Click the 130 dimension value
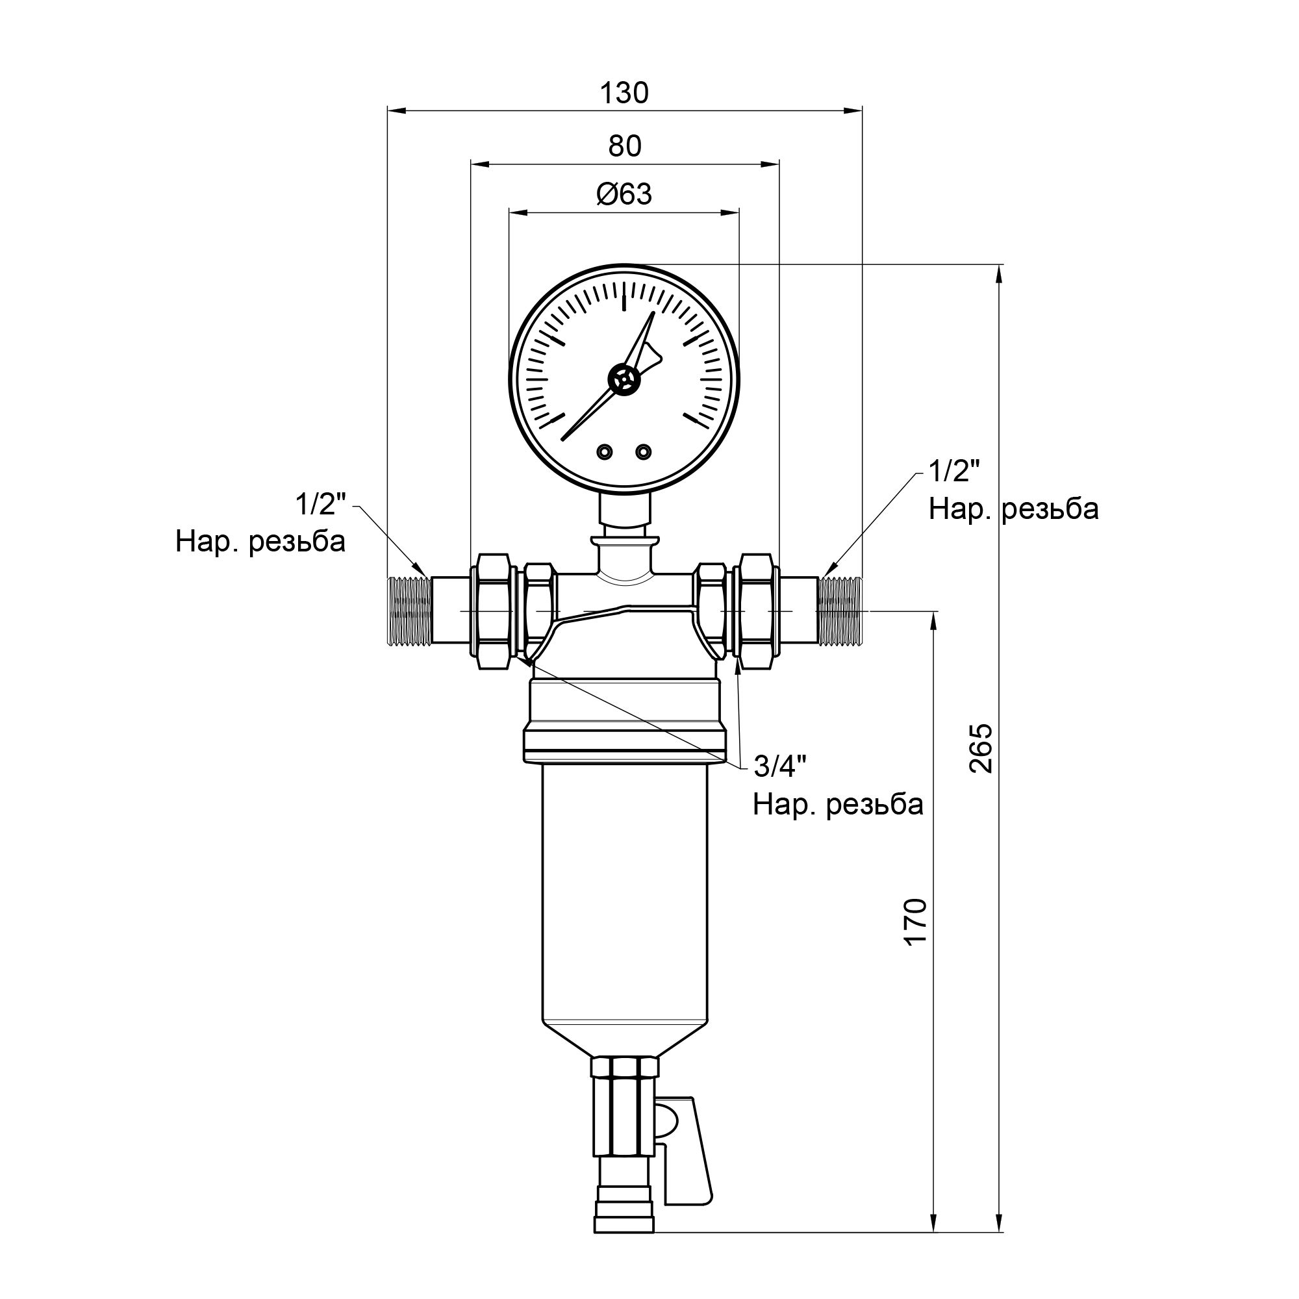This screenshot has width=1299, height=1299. (624, 94)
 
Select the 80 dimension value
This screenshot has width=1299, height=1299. (625, 147)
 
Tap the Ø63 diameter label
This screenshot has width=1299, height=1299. (624, 195)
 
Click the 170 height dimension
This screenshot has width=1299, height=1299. (916, 922)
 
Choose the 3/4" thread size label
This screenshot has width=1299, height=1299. (780, 766)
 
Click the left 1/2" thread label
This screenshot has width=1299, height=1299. (320, 504)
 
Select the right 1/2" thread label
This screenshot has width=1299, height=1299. (954, 472)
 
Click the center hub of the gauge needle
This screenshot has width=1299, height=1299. (625, 380)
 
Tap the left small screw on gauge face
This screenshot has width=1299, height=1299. (605, 451)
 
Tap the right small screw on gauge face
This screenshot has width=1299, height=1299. (644, 451)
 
